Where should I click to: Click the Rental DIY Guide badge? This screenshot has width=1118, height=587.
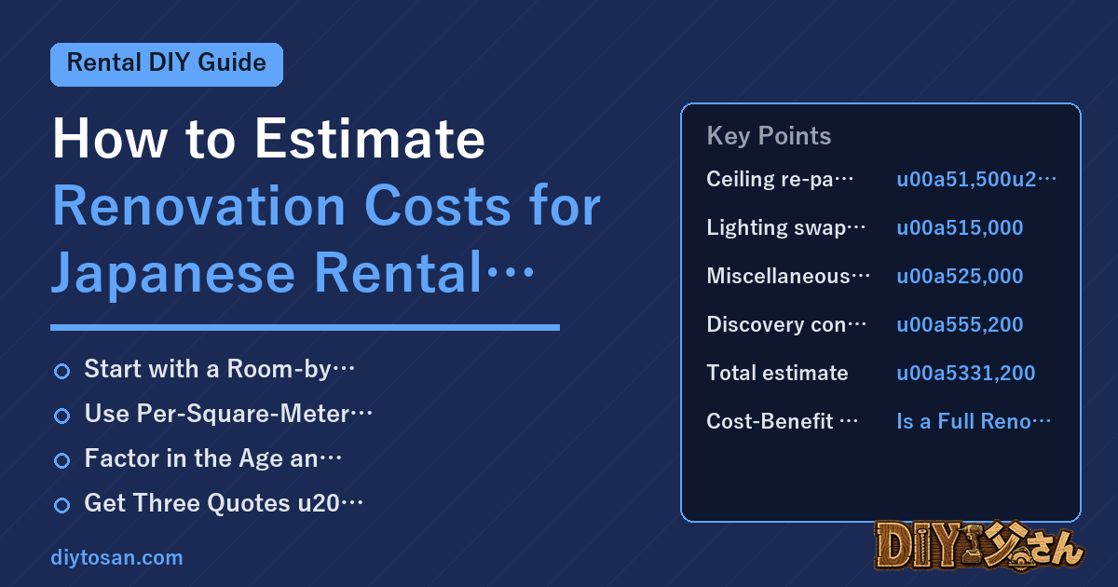[167, 64]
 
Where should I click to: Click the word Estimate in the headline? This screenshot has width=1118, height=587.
[370, 138]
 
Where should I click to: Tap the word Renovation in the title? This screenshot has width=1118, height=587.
[198, 206]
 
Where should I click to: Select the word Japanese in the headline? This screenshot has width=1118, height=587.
[173, 274]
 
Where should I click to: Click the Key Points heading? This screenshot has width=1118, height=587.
[769, 136]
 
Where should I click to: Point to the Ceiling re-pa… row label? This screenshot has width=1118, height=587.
[780, 179]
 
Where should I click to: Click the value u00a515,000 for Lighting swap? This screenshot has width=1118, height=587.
[960, 227]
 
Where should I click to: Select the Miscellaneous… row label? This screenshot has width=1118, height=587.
[788, 276]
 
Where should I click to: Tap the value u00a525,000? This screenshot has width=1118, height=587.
[960, 276]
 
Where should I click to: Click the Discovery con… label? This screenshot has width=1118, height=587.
[786, 324]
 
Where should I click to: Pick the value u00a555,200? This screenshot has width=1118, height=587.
[960, 324]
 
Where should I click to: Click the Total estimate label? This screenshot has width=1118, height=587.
[777, 373]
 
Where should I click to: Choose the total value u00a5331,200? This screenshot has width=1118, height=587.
[966, 373]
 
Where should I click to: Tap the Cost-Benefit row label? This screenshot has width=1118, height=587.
[782, 421]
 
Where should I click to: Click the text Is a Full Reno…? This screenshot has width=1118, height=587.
[974, 421]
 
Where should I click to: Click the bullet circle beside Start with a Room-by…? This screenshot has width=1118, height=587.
[61, 371]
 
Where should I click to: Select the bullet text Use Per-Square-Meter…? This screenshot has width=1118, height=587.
[228, 414]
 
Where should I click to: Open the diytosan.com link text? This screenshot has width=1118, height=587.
[116, 557]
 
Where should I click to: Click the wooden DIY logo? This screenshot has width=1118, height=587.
[979, 546]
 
